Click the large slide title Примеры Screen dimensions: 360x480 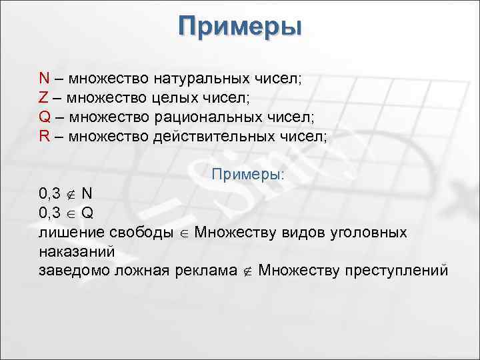pyautogui.click(x=240, y=27)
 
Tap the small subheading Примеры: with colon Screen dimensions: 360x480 pyautogui.click(x=247, y=175)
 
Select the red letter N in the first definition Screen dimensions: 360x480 pyautogui.click(x=44, y=78)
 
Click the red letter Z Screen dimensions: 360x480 pyautogui.click(x=43, y=97)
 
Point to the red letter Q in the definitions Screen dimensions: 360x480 pyautogui.click(x=45, y=117)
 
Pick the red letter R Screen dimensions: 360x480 pyautogui.click(x=44, y=136)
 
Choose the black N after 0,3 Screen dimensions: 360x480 pyautogui.click(x=87, y=194)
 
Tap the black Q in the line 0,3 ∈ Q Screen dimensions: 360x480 pyautogui.click(x=88, y=213)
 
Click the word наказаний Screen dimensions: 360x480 pyautogui.click(x=77, y=252)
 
